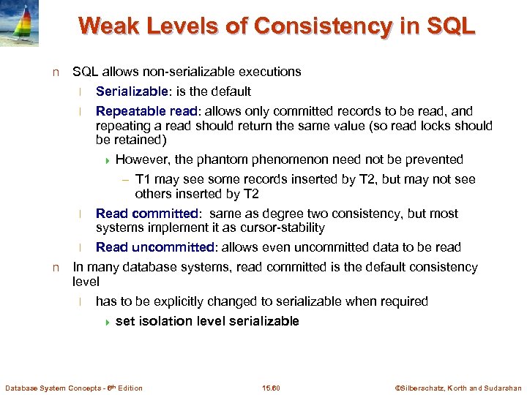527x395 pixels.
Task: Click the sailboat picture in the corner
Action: point(19,23)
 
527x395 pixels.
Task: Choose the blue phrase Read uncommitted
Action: point(155,247)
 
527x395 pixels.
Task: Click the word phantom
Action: point(223,159)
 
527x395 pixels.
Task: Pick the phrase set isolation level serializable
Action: point(207,321)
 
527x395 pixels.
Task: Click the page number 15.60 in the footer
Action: point(271,388)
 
